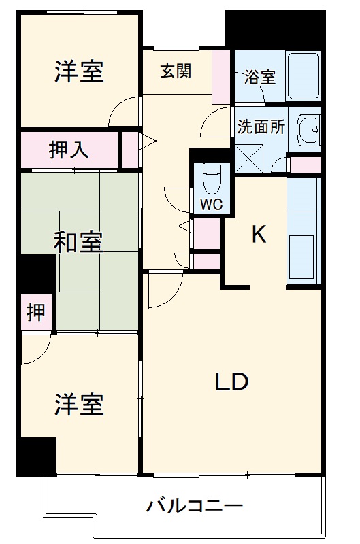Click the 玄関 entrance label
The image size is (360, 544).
(176, 71)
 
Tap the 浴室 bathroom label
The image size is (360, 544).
(260, 77)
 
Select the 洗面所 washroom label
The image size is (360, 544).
(261, 127)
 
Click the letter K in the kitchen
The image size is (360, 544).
(259, 235)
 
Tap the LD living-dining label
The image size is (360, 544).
(231, 382)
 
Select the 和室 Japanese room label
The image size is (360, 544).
(79, 242)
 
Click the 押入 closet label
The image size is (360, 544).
(69, 150)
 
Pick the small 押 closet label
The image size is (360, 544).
(36, 312)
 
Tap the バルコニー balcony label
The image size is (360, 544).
(195, 507)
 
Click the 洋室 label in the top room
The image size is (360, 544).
(79, 71)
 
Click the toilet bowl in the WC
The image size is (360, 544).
(212, 180)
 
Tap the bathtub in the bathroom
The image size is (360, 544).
(303, 76)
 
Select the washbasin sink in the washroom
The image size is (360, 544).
(309, 129)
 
